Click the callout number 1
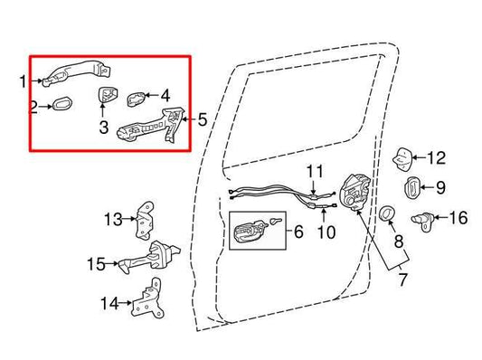point(24,81)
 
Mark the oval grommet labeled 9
point(410,189)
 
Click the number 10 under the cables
point(326,232)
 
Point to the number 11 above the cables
point(314,170)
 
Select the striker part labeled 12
point(402,159)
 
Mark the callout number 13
point(112,219)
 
